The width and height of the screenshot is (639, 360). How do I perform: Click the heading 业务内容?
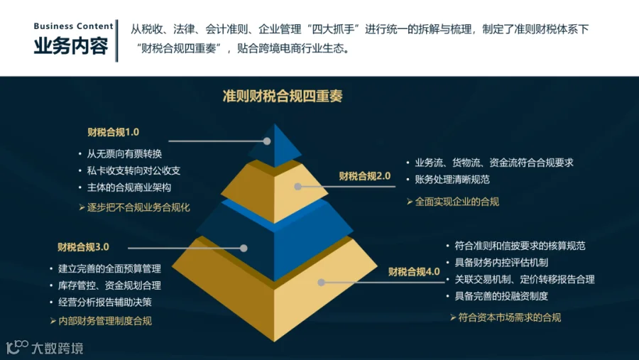(x=71, y=45)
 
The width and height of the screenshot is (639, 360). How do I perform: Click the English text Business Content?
(x=73, y=26)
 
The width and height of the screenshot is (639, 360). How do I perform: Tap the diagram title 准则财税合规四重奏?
(x=283, y=97)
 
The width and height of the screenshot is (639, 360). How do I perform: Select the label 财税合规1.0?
(x=114, y=132)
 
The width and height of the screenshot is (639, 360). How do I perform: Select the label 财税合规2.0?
(x=365, y=176)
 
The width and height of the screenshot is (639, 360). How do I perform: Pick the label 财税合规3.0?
(x=83, y=247)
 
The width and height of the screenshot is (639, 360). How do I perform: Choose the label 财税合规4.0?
(x=414, y=271)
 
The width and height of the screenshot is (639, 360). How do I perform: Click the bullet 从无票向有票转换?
(x=124, y=153)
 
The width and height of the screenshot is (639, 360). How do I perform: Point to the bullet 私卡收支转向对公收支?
(x=133, y=170)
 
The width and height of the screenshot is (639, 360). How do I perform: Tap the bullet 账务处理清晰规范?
(x=452, y=180)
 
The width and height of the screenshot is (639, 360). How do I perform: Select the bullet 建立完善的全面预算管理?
(x=109, y=268)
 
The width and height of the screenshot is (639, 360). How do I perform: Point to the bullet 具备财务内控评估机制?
(x=501, y=263)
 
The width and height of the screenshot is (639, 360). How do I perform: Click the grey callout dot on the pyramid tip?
(x=267, y=141)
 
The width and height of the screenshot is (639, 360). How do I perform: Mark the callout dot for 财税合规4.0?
(x=321, y=282)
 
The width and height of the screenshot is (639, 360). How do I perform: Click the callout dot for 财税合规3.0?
(x=244, y=248)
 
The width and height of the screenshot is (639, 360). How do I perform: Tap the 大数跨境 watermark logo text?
(x=58, y=348)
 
